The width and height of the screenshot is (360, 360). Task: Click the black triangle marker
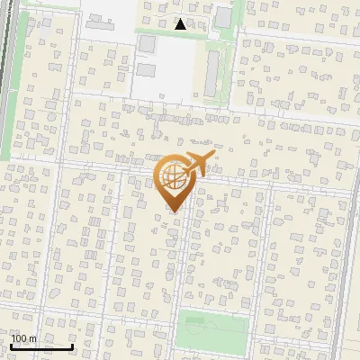[x=180, y=24]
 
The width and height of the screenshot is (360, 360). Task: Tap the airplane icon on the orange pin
[x=196, y=165]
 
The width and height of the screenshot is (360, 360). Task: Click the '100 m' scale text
[x=24, y=338]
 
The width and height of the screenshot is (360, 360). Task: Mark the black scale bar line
[x=41, y=346]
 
